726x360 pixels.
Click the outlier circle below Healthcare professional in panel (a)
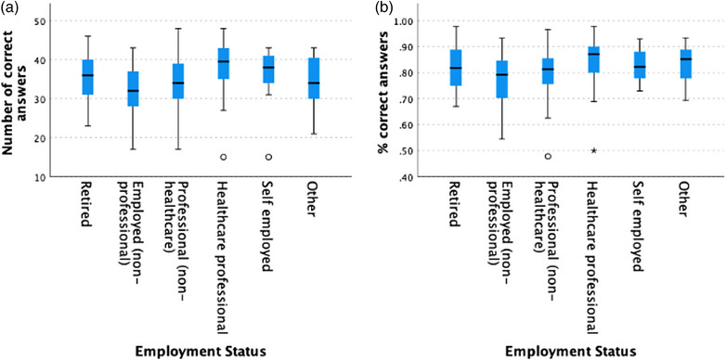click(x=223, y=157)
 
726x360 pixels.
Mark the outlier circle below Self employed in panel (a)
click(x=268, y=157)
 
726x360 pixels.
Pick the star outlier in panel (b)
click(x=593, y=150)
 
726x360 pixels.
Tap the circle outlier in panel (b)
click(x=548, y=157)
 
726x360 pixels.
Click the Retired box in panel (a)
click(x=87, y=77)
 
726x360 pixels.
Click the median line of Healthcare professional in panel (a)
click(x=223, y=61)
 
